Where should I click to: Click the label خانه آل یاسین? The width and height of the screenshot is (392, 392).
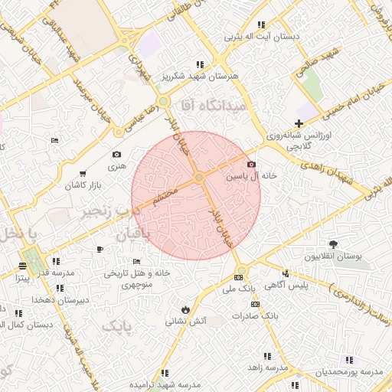250,176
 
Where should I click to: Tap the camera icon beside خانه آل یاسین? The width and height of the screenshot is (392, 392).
251,164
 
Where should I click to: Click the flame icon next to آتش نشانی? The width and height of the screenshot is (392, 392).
185,309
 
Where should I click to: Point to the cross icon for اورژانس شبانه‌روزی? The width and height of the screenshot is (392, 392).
299,123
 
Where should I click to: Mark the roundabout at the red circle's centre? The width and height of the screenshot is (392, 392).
198,178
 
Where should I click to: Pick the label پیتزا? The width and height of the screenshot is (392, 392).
23,279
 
